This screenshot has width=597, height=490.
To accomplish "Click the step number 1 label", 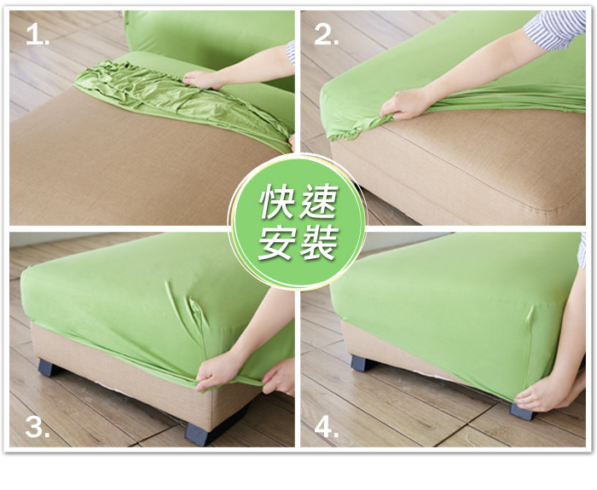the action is tap(38, 36).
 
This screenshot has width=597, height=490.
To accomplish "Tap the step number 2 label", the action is tap(327, 36).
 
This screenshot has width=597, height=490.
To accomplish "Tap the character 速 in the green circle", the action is tap(318, 202).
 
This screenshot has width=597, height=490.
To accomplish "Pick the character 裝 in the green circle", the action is tap(318, 243).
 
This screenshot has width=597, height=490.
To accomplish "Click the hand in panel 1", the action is tap(201, 79).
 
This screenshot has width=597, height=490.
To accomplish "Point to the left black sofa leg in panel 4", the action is tap(362, 363).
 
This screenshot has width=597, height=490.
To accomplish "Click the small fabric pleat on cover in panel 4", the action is tap(530, 314).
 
